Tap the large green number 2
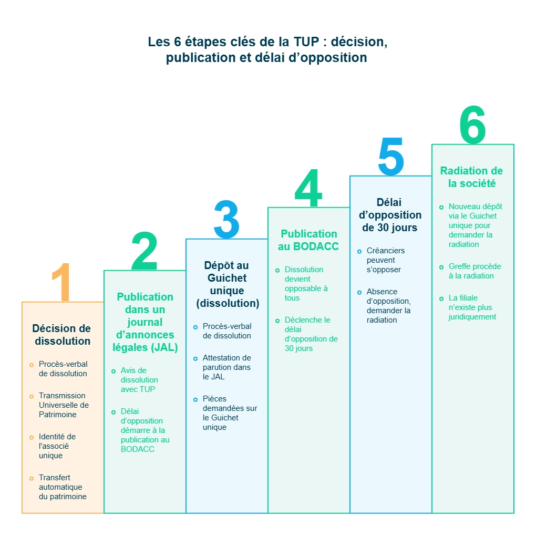pos(145,251)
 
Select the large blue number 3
pos(226,220)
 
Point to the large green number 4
pos(308,189)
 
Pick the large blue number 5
pos(390,157)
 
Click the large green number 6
pos(472,125)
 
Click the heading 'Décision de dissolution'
pos(63,335)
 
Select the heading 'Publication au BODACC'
pos(308,240)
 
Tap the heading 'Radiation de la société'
pos(471,177)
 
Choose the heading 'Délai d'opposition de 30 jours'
pos(391,215)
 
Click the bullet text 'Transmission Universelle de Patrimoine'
pos(64,405)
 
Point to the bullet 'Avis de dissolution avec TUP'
pos(139,380)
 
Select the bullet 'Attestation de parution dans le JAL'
pos(226,367)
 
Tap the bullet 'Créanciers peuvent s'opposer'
pos(385,260)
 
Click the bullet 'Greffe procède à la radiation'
pos(475,271)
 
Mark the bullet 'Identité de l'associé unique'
pos(57,446)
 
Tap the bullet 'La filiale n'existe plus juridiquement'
pos(472,307)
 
